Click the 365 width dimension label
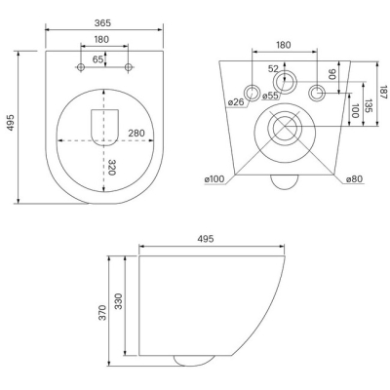[x=102, y=23]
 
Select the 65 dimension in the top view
[x=97, y=59]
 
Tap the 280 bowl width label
[x=136, y=133]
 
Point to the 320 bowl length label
[x=112, y=168]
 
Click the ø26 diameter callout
[x=236, y=102]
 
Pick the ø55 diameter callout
[x=270, y=96]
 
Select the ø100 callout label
[x=214, y=178]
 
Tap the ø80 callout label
[x=354, y=178]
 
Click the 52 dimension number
[x=274, y=69]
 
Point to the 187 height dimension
[x=384, y=92]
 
